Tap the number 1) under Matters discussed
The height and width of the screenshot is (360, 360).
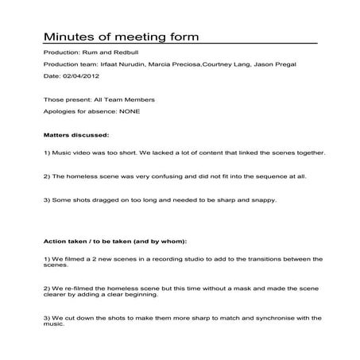coord(47,152)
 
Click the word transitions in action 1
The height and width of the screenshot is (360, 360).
coord(254,258)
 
